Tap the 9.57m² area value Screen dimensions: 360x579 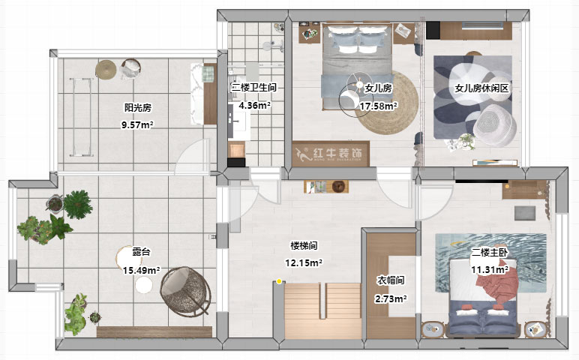pyautogui.click(x=138, y=125)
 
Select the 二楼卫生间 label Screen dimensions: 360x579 pyautogui.click(x=254, y=88)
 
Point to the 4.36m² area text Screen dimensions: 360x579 pyautogui.click(x=254, y=106)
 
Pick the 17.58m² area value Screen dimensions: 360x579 pyautogui.click(x=379, y=106)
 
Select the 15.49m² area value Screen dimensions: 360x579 pyautogui.click(x=141, y=270)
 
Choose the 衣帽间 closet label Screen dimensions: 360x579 pyautogui.click(x=391, y=280)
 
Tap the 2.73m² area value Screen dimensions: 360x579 pyautogui.click(x=391, y=298)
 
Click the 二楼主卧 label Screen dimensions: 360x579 pyautogui.click(x=490, y=252)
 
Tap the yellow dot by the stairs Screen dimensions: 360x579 pyautogui.click(x=279, y=282)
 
